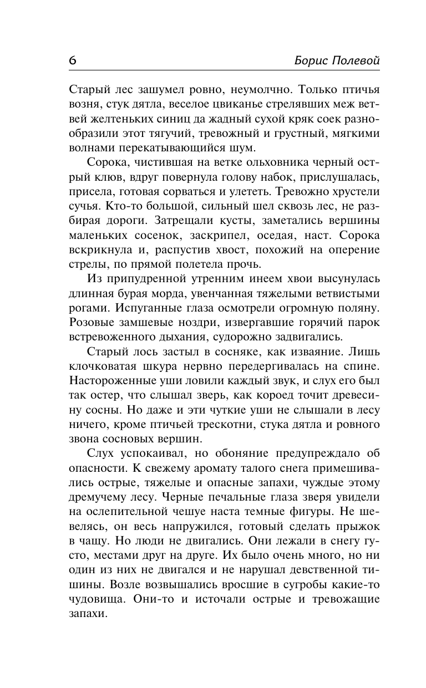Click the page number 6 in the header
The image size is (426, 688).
(x=73, y=60)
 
